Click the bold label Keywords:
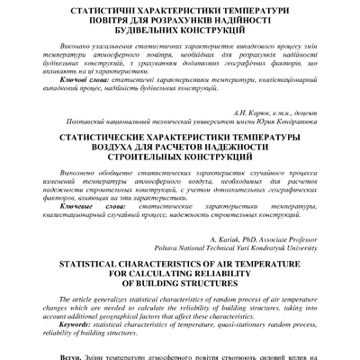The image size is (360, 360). coord(75,324)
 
